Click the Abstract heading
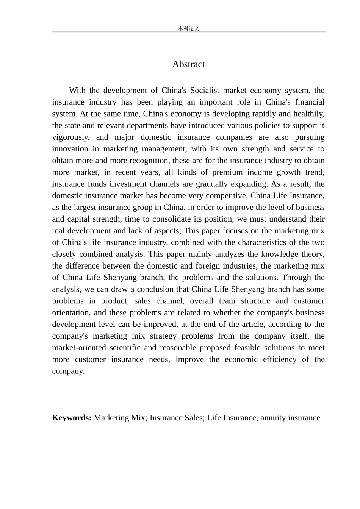188,64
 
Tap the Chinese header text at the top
188,28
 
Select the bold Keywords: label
72,418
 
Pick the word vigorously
70,137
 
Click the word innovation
70,149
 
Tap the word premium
227,173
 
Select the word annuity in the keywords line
273,418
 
